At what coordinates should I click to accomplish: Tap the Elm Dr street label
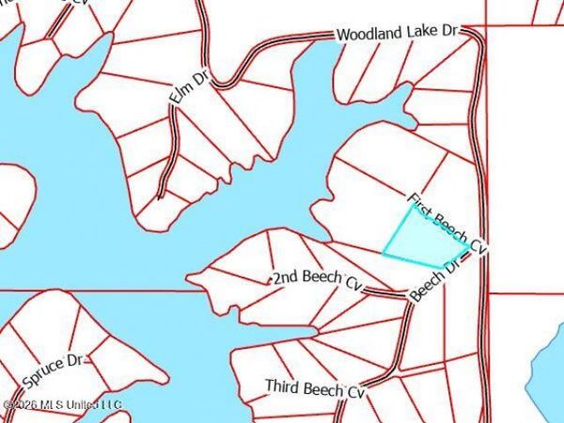(187, 85)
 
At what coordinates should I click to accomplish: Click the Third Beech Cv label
(313, 387)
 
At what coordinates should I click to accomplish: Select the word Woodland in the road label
(369, 35)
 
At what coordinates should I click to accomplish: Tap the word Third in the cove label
(282, 386)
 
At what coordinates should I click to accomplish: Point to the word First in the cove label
(420, 207)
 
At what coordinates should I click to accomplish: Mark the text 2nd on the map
(285, 278)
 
